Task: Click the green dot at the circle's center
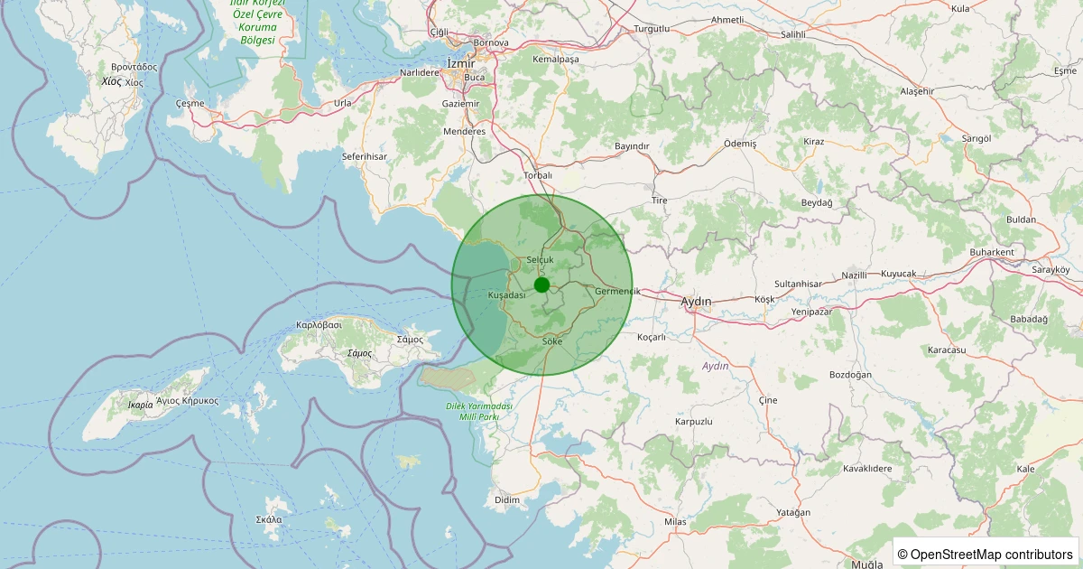click(x=541, y=285)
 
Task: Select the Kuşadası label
click(x=506, y=295)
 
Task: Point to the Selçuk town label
click(x=539, y=259)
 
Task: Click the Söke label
click(x=552, y=341)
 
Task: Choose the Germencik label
click(x=617, y=291)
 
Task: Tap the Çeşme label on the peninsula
click(x=190, y=104)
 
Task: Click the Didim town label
click(x=507, y=499)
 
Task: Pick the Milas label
click(x=675, y=522)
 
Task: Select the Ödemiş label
click(x=740, y=144)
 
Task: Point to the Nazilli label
click(x=854, y=275)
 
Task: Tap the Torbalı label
click(x=537, y=175)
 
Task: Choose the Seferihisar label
click(x=364, y=156)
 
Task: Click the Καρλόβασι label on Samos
click(x=319, y=324)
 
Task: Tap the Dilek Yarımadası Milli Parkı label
click(x=479, y=411)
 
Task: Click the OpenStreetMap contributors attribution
click(x=986, y=554)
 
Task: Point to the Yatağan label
click(x=793, y=512)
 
